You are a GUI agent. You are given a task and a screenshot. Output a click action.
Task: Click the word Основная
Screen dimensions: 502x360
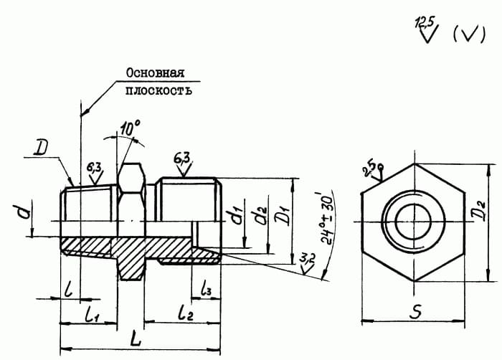click(x=156, y=73)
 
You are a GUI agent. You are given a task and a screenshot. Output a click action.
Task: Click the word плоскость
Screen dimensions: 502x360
click(x=158, y=90)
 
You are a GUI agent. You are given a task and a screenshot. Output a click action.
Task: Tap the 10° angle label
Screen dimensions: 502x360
click(x=130, y=128)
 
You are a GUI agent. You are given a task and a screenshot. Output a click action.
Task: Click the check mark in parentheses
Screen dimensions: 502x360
click(x=469, y=34)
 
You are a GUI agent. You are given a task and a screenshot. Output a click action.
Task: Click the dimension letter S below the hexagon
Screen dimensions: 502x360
click(x=415, y=311)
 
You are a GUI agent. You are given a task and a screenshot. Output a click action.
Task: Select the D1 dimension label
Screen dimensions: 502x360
click(x=283, y=215)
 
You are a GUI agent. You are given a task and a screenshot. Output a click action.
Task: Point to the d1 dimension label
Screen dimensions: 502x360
click(x=237, y=214)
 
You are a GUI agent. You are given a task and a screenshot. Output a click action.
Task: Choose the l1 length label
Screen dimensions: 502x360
click(x=92, y=316)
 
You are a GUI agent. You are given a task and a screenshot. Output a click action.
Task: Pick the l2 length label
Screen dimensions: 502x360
click(x=186, y=313)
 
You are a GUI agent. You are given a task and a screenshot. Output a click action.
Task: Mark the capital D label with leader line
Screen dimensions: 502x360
click(x=41, y=148)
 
